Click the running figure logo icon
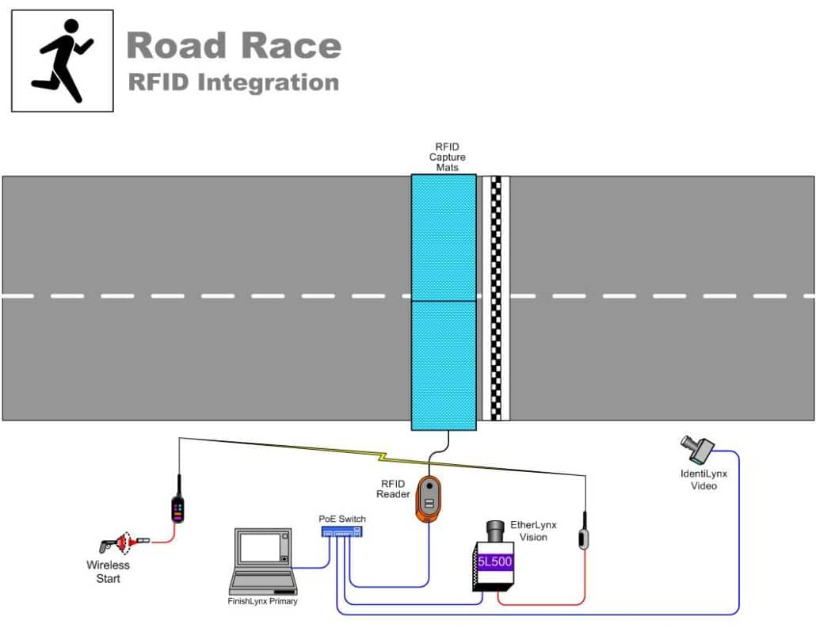point(62,60)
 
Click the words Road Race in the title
point(234,45)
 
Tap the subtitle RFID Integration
point(233,82)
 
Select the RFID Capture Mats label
point(447,157)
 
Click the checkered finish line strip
point(497,298)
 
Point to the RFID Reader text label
point(393,489)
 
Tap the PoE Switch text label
point(342,519)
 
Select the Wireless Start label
point(108,572)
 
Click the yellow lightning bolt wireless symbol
point(383,457)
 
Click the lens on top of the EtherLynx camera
point(496,529)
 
